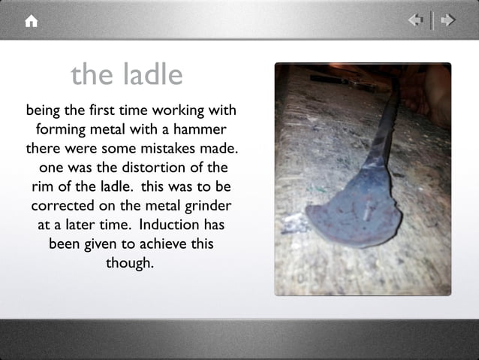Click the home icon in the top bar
31,22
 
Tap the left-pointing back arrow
416,20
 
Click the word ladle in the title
153,74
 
